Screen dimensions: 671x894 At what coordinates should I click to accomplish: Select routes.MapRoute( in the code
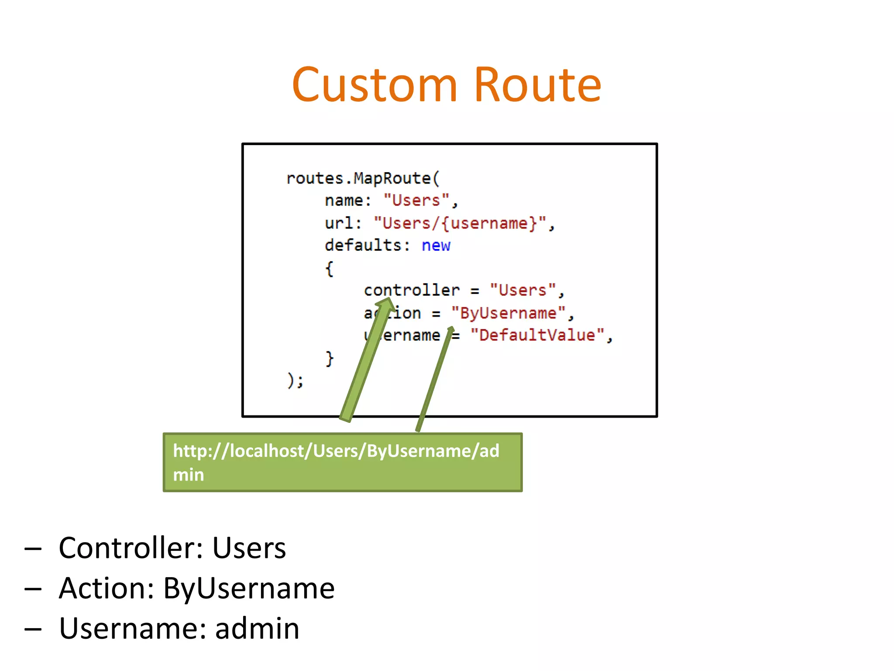pyautogui.click(x=363, y=179)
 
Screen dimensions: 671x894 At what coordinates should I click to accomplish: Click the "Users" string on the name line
pyautogui.click(x=416, y=201)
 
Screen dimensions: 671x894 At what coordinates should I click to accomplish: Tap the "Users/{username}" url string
pyautogui.click(x=460, y=223)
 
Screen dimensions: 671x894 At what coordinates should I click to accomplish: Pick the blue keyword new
pyautogui.click(x=436, y=246)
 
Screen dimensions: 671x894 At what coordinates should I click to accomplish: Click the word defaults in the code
pyautogui.click(x=363, y=246)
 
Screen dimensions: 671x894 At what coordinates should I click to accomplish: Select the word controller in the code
pyautogui.click(x=411, y=291)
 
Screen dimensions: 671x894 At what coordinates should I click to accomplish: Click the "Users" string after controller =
pyautogui.click(x=523, y=291)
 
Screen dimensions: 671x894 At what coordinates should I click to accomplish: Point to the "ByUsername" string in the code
pyautogui.click(x=508, y=313)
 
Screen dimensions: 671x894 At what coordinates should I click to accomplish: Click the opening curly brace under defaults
pyautogui.click(x=330, y=269)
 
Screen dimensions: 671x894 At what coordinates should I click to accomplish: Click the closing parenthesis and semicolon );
pyautogui.click(x=295, y=380)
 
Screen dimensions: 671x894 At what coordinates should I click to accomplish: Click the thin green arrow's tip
pyautogui.click(x=451, y=329)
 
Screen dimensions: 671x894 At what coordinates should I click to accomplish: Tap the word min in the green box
pyautogui.click(x=188, y=475)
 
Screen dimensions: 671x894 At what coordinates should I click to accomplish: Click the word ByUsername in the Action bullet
pyautogui.click(x=248, y=588)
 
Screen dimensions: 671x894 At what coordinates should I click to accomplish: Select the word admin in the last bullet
pyautogui.click(x=257, y=629)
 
